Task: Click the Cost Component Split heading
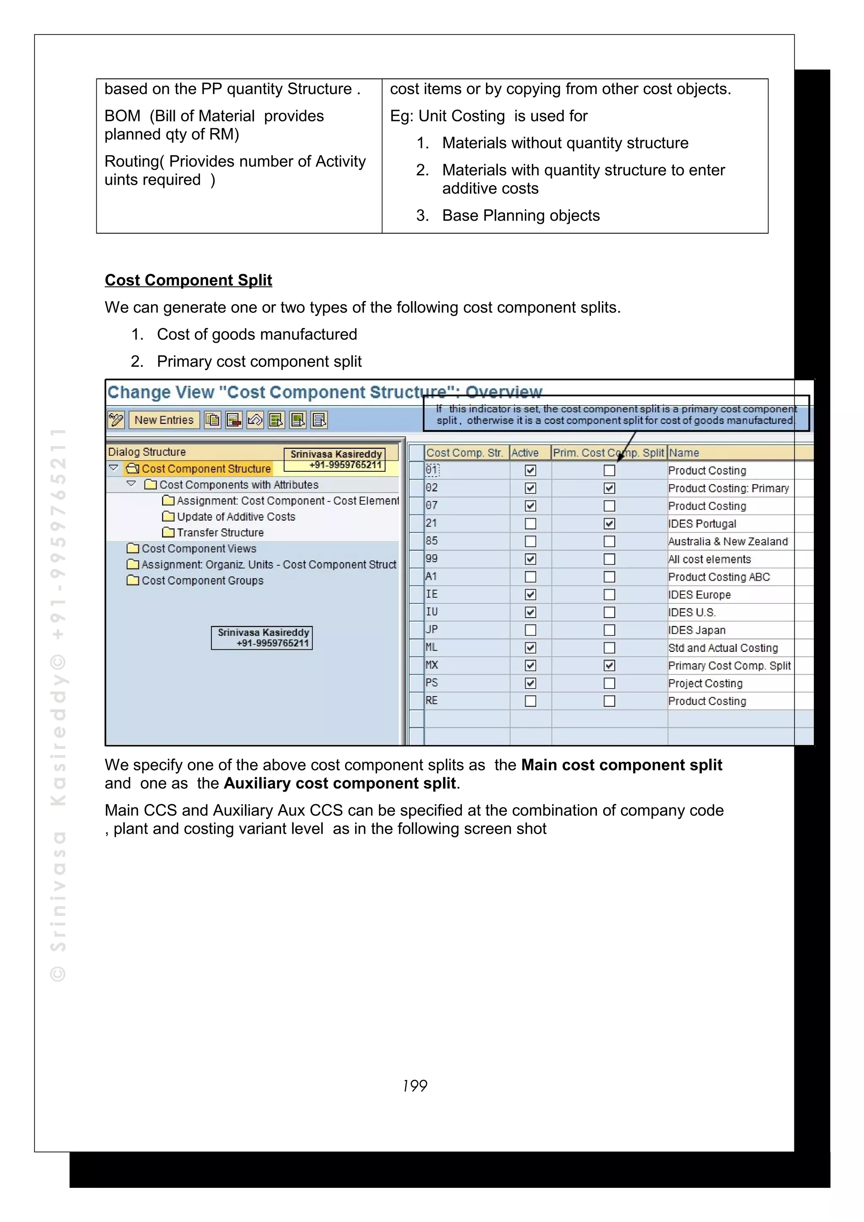[189, 280]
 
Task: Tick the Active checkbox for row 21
[530, 524]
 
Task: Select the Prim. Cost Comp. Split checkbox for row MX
[610, 665]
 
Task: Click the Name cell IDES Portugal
[702, 524]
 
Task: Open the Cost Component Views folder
[198, 549]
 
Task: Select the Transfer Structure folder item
[219, 533]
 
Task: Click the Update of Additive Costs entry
[235, 517]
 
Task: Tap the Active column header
[525, 453]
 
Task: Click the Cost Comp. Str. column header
[464, 453]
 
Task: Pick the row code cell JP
[432, 630]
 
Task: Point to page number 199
[415, 1086]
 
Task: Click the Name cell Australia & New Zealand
[728, 542]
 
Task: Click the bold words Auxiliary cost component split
[340, 783]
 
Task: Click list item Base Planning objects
[520, 215]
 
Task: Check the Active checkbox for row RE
[530, 701]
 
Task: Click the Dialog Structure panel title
[147, 452]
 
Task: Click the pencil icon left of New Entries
[116, 420]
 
